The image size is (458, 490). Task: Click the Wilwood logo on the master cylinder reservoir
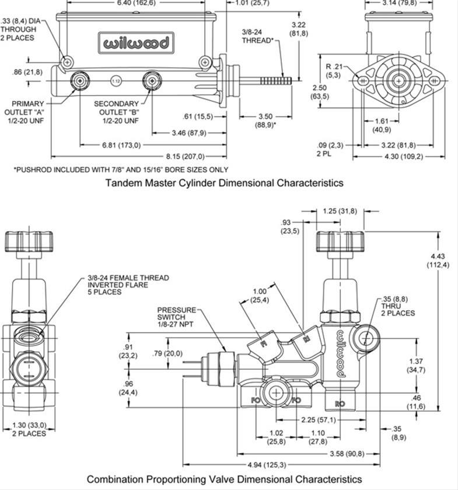136,43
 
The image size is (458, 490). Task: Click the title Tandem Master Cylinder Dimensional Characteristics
224,183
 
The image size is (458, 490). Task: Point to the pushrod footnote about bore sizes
121,170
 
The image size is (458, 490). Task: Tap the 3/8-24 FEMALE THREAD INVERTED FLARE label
128,285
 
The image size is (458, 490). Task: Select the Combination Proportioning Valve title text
224,479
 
